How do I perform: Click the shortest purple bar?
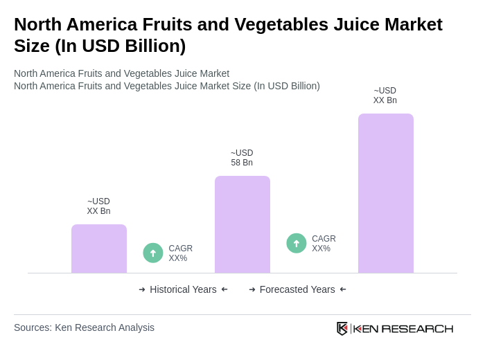click(99, 249)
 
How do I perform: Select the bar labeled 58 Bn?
click(242, 224)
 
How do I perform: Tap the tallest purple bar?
click(386, 193)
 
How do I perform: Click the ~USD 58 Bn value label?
click(242, 158)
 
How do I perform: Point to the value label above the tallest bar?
click(385, 96)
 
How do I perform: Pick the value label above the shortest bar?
click(98, 206)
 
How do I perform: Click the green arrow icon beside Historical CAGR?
click(153, 253)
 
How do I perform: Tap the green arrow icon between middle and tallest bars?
click(297, 243)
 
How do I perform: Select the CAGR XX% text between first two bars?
click(180, 253)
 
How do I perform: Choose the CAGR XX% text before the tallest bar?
click(324, 244)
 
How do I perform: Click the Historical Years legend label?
click(183, 289)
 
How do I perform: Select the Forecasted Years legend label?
click(297, 289)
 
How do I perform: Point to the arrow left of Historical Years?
click(142, 289)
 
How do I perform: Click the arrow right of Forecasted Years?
click(343, 289)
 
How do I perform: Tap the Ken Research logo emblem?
click(342, 328)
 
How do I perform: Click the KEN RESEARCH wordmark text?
click(403, 328)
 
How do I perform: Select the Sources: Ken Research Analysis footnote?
click(84, 327)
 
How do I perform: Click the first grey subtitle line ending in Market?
click(121, 73)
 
